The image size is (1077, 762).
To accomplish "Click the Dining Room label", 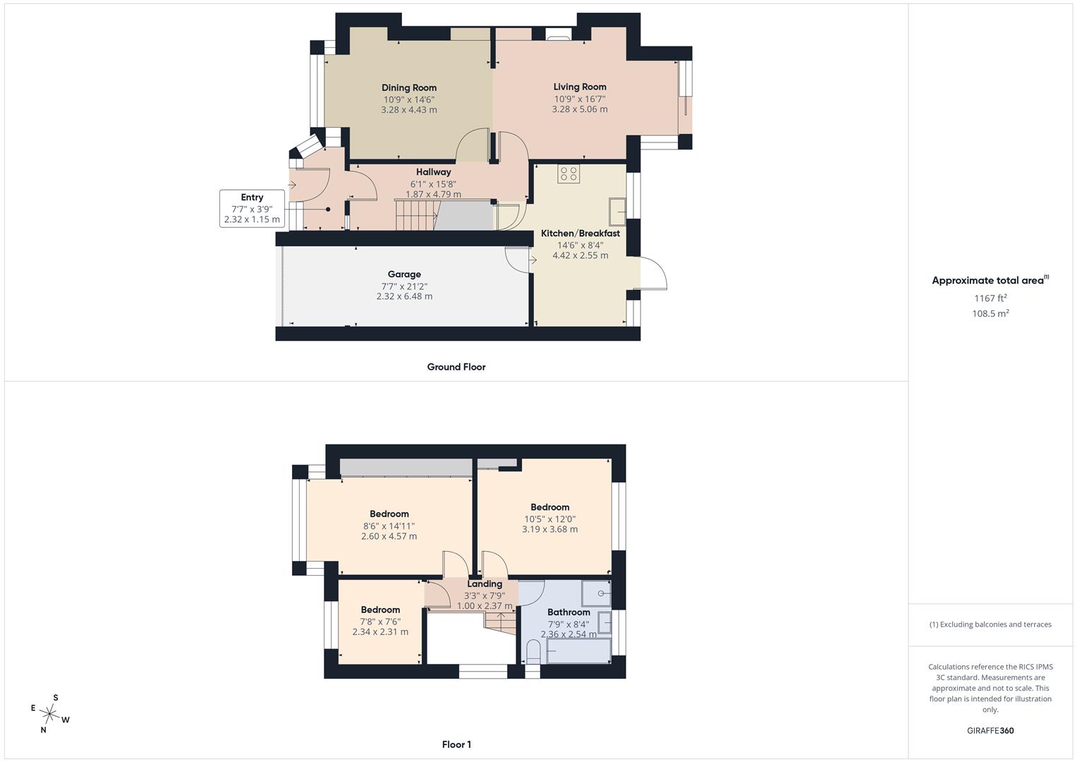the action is coord(409,87).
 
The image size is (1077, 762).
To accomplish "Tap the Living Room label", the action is coord(580,87).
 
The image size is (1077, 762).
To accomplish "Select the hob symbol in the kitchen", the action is coord(568,174).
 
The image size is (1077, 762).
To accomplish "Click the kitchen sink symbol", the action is coord(617,212).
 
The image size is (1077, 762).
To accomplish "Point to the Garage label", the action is coord(404,274).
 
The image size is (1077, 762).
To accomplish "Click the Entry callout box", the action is coord(252,209).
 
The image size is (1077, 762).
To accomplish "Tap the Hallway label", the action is coord(434,171).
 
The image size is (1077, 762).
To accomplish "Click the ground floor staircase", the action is coord(418,214).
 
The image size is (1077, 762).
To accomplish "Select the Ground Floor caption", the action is coord(456,367).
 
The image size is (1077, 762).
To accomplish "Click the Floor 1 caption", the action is coord(456,744).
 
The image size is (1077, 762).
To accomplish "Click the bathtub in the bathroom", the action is coord(579,651).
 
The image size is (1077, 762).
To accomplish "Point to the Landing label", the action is coord(485,583).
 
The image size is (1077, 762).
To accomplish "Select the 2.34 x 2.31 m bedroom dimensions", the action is coord(380,631).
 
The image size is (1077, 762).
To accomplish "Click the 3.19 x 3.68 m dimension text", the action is coord(550,529).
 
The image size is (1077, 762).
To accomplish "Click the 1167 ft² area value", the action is coord(990,298).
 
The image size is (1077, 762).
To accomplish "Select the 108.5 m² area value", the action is coord(990,314).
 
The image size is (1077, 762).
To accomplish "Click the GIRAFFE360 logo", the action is coord(990,731).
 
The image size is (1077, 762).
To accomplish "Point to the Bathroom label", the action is coord(568,612).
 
